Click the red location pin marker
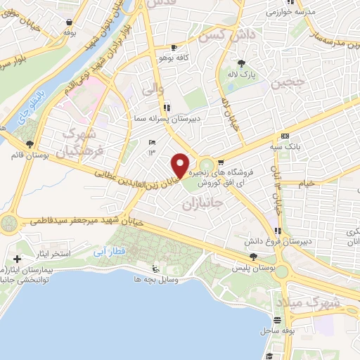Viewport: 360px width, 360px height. point(181,166)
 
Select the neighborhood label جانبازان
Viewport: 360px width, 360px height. point(202,206)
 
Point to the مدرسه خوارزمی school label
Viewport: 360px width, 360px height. point(288,13)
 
